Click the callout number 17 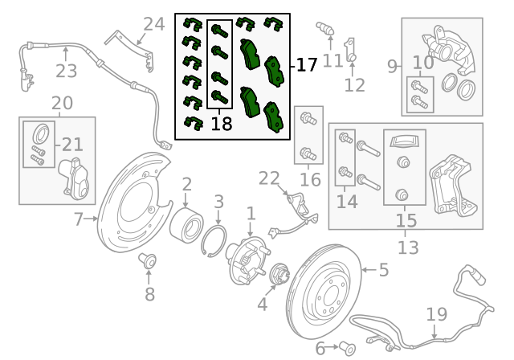(x=306, y=65)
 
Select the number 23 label (x=67, y=72)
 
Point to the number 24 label (x=153, y=23)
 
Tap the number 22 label (x=270, y=178)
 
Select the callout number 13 (x=407, y=247)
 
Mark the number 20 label (x=61, y=103)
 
